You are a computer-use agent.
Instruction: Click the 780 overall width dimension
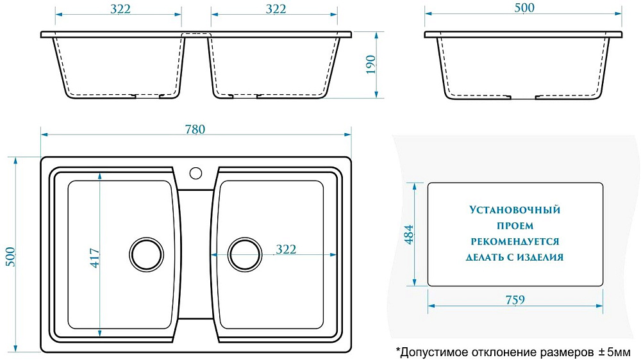point(195,129)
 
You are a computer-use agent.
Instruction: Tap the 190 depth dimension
point(370,65)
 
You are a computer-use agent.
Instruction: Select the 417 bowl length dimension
point(94,258)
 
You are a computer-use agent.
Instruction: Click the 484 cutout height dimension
point(409,234)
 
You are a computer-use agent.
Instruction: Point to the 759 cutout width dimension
point(515,300)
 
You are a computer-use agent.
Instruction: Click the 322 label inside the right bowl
point(286,249)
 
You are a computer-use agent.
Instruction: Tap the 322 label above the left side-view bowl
point(121,8)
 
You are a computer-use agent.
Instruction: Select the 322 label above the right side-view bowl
point(276,8)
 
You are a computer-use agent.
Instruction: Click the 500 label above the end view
point(524,8)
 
